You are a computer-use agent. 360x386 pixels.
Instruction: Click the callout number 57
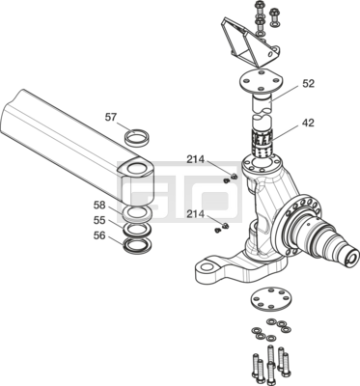pos(110,118)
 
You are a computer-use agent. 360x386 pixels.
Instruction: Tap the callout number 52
pos(308,84)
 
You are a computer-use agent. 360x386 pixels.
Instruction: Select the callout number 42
pos(308,123)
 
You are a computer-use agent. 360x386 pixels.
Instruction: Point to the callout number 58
pos(99,205)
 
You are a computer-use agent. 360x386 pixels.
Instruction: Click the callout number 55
pos(99,220)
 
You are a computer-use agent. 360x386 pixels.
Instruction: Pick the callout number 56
pos(99,235)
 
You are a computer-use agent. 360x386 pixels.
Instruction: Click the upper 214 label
pos(195,159)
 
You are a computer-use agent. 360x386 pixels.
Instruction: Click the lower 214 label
pos(195,214)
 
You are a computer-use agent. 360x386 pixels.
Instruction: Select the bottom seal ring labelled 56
pos(136,246)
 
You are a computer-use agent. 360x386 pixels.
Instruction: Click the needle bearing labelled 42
pos(263,143)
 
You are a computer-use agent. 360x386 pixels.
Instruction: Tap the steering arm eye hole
pos(208,266)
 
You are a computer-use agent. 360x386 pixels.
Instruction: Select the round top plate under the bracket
pos(261,80)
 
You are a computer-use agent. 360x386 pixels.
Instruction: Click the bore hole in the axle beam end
pos(137,168)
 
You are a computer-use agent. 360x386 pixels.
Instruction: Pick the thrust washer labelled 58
pos(137,213)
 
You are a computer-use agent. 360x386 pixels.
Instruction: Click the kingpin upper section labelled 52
pos(262,104)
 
